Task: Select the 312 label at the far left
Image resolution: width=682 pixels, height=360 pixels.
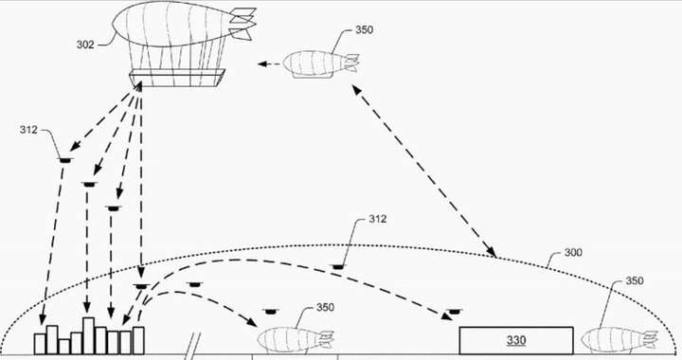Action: (x=28, y=131)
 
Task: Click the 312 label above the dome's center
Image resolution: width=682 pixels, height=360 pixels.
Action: (x=377, y=220)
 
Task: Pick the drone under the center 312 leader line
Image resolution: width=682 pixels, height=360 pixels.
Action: (x=338, y=267)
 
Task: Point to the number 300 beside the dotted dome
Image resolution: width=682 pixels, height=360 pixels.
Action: (x=573, y=253)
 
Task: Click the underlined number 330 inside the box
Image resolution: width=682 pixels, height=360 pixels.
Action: (x=515, y=339)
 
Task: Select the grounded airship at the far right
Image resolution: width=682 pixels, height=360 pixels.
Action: (x=617, y=338)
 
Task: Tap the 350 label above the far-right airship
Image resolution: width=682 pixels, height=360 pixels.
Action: (x=635, y=282)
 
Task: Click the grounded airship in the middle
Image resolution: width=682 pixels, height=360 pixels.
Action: (x=295, y=338)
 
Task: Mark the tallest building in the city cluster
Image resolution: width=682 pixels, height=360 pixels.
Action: (x=88, y=333)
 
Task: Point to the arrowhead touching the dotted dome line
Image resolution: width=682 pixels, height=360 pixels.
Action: (x=492, y=253)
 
